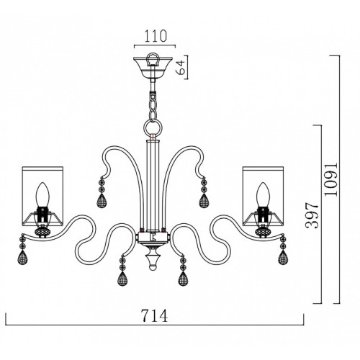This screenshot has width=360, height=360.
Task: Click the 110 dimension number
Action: coord(156,37)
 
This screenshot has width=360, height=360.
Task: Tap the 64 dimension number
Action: coord(181,67)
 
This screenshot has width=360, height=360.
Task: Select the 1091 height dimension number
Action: coord(330,179)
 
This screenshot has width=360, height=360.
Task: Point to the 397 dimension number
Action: coord(312,215)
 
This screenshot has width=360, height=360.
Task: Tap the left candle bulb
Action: coord(42,194)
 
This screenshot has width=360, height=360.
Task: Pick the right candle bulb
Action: coord(263,194)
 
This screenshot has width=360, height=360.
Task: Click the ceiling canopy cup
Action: coord(153,68)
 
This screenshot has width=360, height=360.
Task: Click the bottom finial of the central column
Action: coord(153,259)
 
